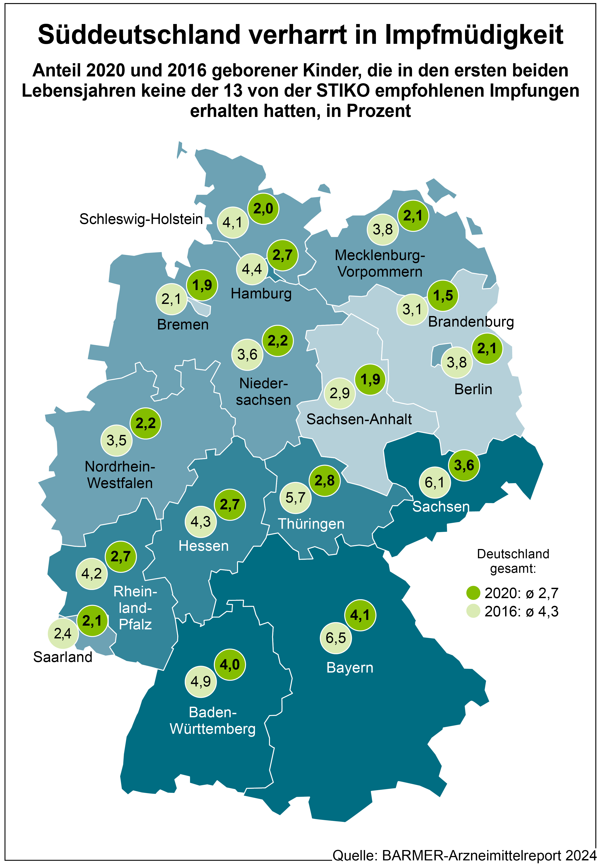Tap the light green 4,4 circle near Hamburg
click(x=252, y=269)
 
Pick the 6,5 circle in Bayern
click(x=336, y=638)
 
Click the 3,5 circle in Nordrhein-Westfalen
click(x=116, y=440)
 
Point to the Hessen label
click(x=204, y=546)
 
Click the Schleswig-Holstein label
click(x=141, y=219)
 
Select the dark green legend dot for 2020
click(x=473, y=593)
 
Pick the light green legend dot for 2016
click(x=473, y=611)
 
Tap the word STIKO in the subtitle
click(x=342, y=91)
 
